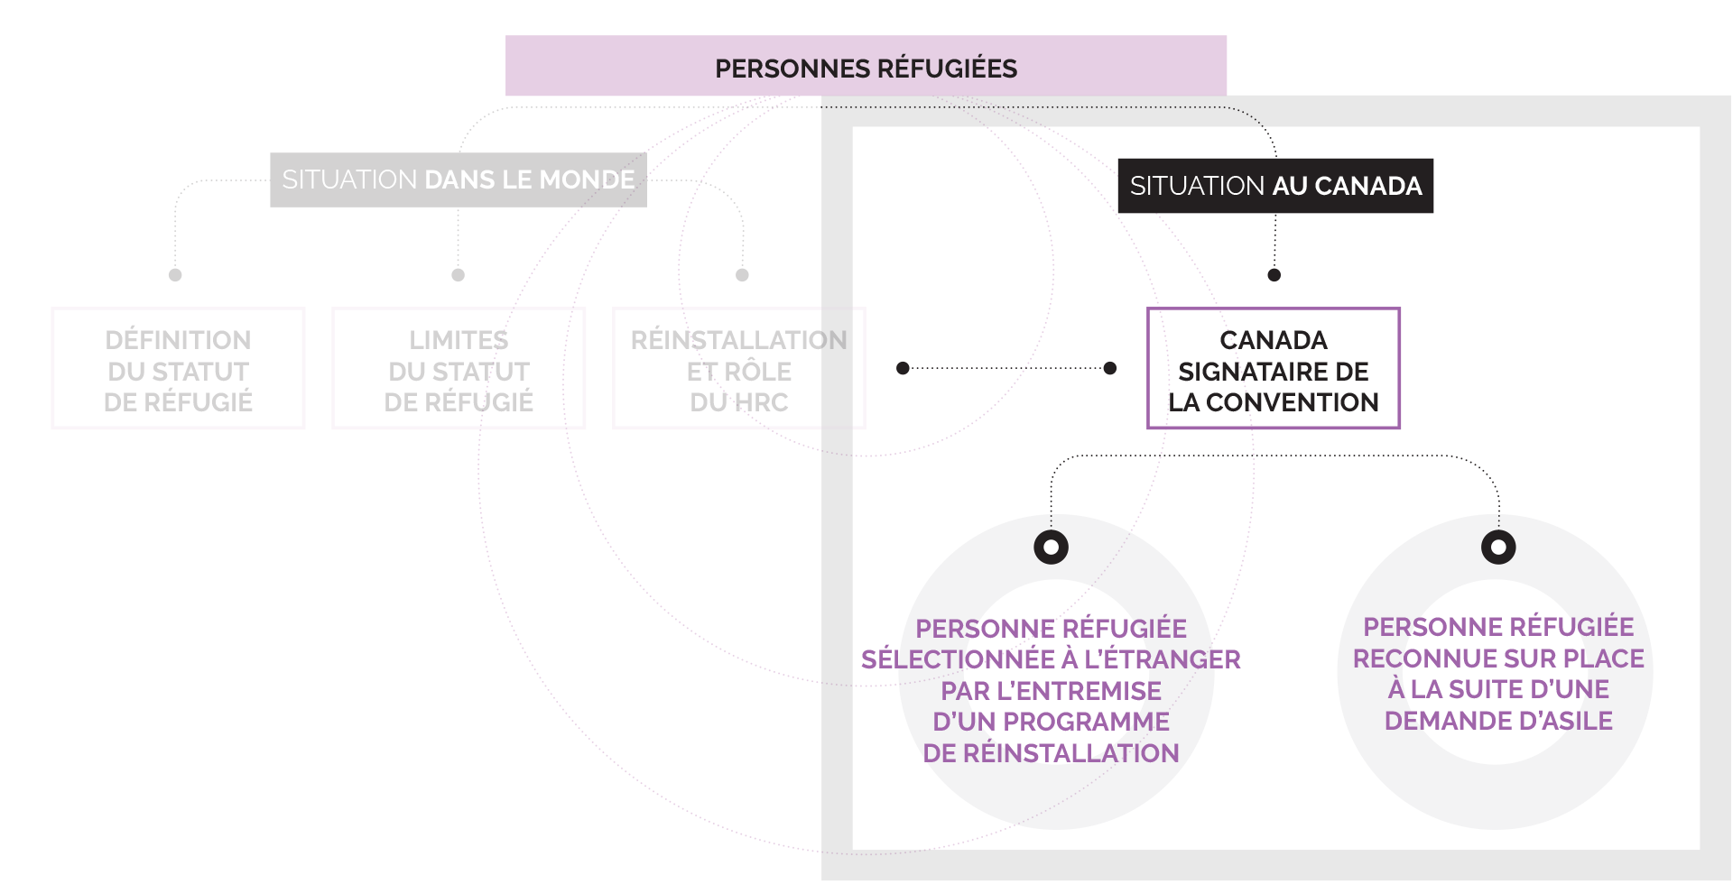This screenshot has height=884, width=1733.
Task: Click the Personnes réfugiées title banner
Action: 866,67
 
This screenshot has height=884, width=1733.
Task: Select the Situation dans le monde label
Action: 458,180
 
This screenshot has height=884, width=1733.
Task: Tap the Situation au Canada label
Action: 1274,186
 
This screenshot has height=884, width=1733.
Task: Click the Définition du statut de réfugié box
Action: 178,369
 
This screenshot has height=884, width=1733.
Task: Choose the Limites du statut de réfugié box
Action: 459,369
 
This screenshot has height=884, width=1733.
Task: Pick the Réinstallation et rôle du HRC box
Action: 738,369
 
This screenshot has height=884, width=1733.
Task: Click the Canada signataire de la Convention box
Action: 1273,369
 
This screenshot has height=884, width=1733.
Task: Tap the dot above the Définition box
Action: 175,274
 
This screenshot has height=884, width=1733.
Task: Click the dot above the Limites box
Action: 458,274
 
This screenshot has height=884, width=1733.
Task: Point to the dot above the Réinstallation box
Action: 742,274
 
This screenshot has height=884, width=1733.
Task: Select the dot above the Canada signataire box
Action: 1274,274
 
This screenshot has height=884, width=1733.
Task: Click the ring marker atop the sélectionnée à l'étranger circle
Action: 1051,547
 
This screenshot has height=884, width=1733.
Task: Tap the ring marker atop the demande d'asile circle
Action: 1498,547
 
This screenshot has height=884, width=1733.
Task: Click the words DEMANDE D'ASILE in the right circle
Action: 1498,721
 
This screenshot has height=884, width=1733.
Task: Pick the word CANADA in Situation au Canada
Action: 1368,186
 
